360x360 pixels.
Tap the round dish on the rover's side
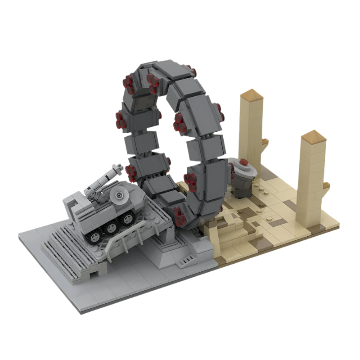point(119,195)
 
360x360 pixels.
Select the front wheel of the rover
point(129,219)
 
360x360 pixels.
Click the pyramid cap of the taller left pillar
point(251,96)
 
